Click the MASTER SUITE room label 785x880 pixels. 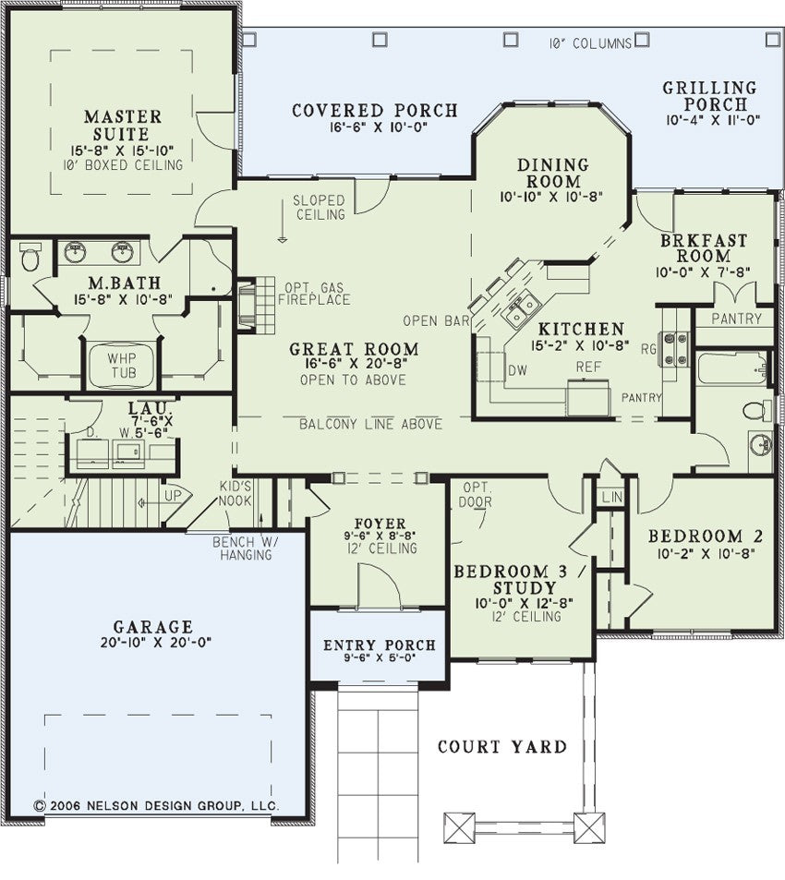pos(123,126)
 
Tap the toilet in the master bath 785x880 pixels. pos(30,257)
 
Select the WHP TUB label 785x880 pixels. pos(123,366)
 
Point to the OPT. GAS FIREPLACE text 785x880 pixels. pos(314,294)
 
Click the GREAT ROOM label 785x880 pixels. pos(354,349)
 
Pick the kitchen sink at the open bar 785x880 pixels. pos(522,308)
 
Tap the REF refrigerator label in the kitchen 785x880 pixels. pos(588,367)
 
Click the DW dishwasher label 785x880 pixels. pos(517,370)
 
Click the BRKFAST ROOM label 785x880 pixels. pos(704,248)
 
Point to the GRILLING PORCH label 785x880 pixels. pos(710,96)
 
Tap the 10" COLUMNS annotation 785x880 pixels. pos(590,43)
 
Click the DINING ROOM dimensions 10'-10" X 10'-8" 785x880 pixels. pos(551,197)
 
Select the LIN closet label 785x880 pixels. pos(611,497)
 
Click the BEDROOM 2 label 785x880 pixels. pos(706,536)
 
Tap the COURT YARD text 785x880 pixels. pos(502,747)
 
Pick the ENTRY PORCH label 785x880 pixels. pos(380,645)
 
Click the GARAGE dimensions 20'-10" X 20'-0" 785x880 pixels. pos(156,643)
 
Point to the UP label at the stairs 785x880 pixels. pos(172,496)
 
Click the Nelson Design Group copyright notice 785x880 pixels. pos(157,806)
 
